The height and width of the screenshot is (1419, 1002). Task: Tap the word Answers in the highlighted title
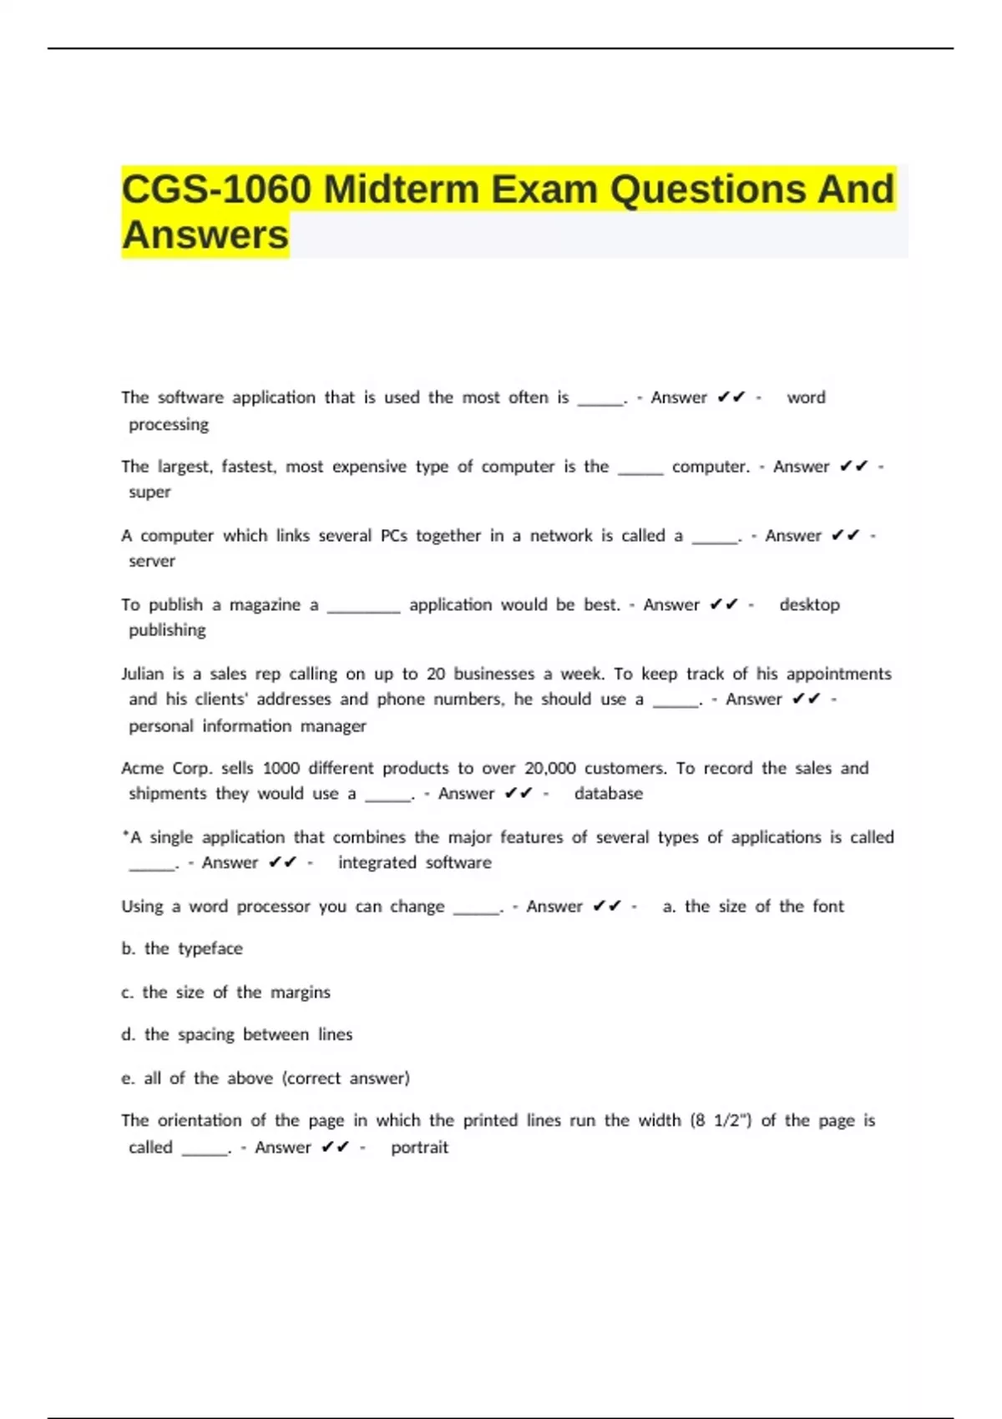pyautogui.click(x=205, y=235)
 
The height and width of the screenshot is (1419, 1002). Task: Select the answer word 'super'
pyautogui.click(x=149, y=492)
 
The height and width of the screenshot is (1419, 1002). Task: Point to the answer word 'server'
pyautogui.click(x=152, y=562)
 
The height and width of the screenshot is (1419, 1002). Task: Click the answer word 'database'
pyautogui.click(x=608, y=794)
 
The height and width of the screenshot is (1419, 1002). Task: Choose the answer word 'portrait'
pyautogui.click(x=419, y=1148)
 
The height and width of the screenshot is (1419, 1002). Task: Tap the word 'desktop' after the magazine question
pyautogui.click(x=809, y=605)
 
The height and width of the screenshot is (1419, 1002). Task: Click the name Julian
pyautogui.click(x=142, y=674)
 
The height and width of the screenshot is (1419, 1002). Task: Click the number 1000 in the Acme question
pyautogui.click(x=281, y=769)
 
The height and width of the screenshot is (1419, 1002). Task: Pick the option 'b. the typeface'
pyautogui.click(x=182, y=949)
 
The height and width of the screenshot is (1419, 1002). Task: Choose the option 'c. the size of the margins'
pyautogui.click(x=225, y=992)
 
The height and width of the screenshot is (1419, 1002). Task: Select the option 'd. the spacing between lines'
pyautogui.click(x=236, y=1035)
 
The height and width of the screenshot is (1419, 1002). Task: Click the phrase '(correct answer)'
pyautogui.click(x=346, y=1078)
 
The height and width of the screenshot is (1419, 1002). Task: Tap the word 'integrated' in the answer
pyautogui.click(x=377, y=863)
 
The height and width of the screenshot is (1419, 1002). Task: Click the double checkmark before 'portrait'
pyautogui.click(x=335, y=1148)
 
